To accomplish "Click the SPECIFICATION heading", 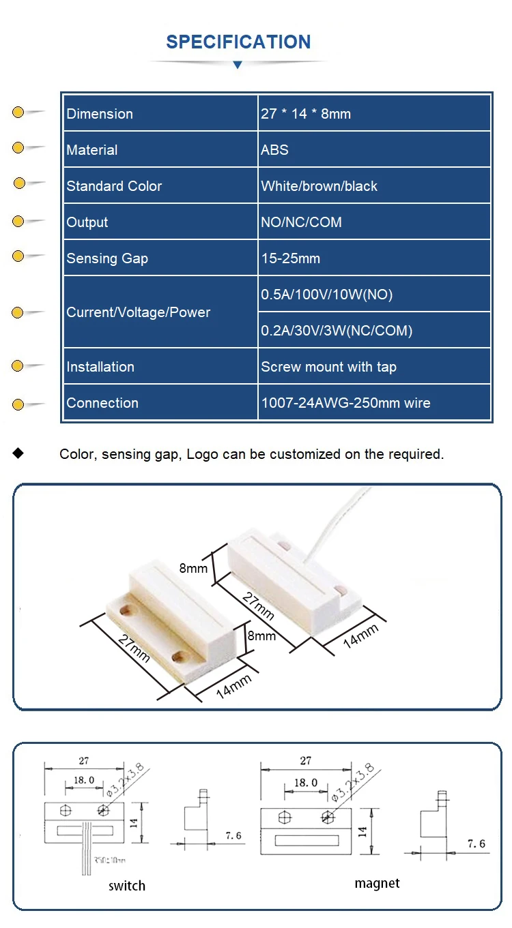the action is [x=238, y=42].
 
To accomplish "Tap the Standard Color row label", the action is [x=114, y=186].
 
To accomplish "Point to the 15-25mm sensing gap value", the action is [x=290, y=258].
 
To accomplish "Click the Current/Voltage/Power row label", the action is [x=138, y=312].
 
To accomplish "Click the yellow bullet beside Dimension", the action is [x=18, y=113].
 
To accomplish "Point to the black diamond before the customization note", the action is [x=18, y=453].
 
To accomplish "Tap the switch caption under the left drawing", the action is [x=127, y=886].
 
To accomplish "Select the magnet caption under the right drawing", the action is [x=377, y=883].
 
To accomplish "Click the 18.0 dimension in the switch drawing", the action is [x=84, y=780].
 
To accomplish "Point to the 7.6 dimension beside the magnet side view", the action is [x=476, y=844].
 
